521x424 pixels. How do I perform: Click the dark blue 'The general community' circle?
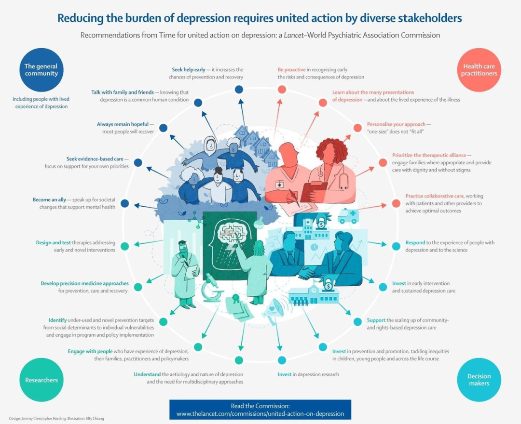tap(41, 70)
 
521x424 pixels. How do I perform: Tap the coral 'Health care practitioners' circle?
tap(479, 70)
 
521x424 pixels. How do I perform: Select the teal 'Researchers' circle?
tap(41, 380)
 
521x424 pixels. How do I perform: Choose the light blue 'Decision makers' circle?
tap(479, 380)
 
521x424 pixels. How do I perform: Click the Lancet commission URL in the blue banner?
tap(260, 413)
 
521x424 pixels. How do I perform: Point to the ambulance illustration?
tap(348, 216)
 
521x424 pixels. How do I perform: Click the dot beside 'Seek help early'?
tap(238, 89)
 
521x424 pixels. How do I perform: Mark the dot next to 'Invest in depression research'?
tap(282, 360)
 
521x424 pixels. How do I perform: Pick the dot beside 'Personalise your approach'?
tap(357, 128)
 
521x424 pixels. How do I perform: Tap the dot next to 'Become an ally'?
tap(124, 203)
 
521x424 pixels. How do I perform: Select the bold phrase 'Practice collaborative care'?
tap(434, 196)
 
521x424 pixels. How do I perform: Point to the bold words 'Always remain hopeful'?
tap(123, 124)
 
